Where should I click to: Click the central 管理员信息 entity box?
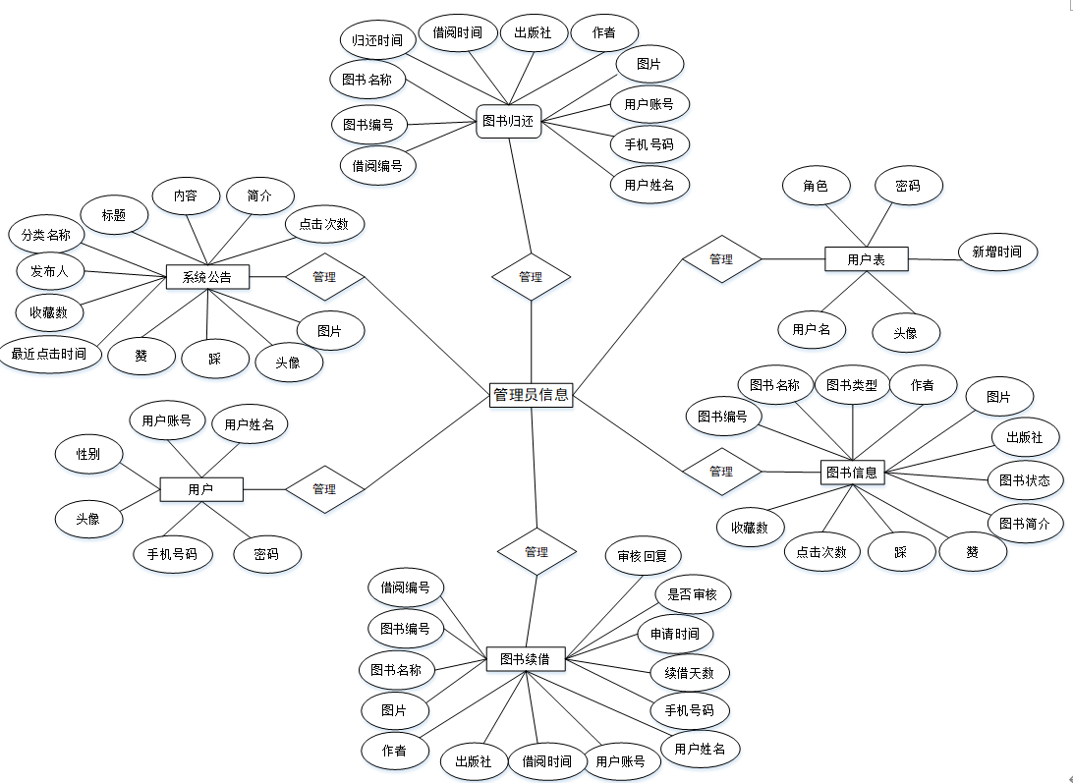coord(531,395)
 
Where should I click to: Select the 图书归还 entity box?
coord(508,122)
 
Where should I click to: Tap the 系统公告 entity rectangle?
coord(207,277)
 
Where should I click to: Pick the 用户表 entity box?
coord(866,259)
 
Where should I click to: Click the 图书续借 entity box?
coord(526,658)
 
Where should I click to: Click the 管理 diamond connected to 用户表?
coord(721,259)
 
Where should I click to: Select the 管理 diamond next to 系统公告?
coord(324,276)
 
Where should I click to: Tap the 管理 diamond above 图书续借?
coord(536,552)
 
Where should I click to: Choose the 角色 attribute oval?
coord(816,185)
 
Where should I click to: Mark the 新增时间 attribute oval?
coord(997,252)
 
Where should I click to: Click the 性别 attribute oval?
coord(88,454)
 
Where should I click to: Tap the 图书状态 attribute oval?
coord(1024,480)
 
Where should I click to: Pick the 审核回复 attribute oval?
coord(643,556)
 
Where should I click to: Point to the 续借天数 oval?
coord(690,673)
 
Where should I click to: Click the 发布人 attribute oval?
coord(50,270)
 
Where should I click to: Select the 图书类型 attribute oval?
coord(852,385)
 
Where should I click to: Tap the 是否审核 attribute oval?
coord(693,594)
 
